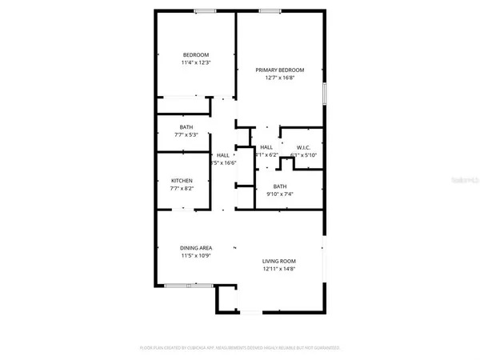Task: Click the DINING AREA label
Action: coord(194,248)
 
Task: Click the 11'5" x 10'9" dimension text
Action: coord(194,256)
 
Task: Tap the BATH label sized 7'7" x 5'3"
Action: coord(186,128)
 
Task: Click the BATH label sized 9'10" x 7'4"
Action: coord(279,186)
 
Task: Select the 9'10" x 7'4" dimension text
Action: coord(279,194)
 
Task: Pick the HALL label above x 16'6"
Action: coord(223,154)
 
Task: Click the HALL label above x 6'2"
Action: coord(266,147)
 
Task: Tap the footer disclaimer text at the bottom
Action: coord(240,349)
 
